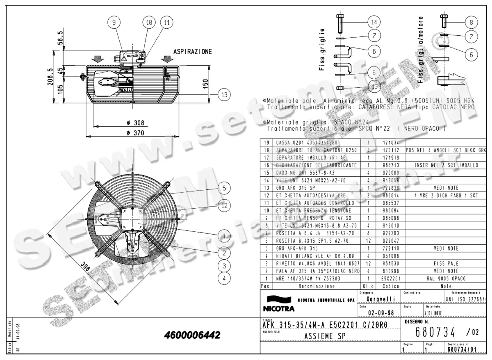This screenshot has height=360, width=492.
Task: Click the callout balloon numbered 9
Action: (x=114, y=23)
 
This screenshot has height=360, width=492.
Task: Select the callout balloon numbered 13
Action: (x=223, y=95)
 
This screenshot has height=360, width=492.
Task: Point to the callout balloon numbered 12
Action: (x=223, y=206)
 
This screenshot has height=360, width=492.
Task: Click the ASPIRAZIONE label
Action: (x=192, y=52)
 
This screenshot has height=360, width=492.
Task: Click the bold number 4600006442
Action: (x=192, y=335)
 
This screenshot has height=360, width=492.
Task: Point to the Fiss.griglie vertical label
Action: (x=322, y=49)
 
